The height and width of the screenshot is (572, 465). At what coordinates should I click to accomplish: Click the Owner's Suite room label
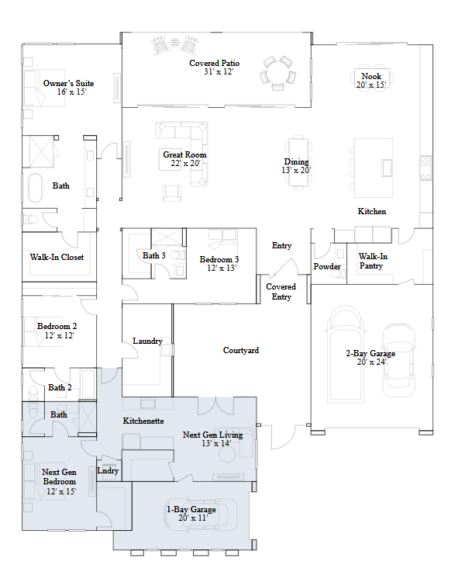[x=68, y=83]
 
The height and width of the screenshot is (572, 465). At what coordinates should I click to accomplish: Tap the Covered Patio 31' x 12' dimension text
[x=219, y=72]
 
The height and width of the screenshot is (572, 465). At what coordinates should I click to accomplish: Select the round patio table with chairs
[x=277, y=73]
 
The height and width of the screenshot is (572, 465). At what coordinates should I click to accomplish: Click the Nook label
[x=371, y=76]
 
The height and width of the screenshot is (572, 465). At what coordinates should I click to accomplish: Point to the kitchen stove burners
[x=425, y=168]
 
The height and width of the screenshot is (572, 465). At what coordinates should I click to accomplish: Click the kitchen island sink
[x=387, y=168]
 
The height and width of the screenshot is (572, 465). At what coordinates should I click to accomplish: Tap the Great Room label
[x=184, y=154]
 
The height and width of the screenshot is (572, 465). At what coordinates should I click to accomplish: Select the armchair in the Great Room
[x=172, y=193]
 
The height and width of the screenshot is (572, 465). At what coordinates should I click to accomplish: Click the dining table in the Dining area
[x=298, y=162]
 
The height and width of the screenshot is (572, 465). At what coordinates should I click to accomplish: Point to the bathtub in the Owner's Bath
[x=36, y=188]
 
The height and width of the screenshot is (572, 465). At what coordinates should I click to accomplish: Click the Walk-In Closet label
[x=57, y=257]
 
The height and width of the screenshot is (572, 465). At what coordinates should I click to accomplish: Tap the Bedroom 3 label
[x=219, y=259]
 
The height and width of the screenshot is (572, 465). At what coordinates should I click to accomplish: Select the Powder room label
[x=327, y=266]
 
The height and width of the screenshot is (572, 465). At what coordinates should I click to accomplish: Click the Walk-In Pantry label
[x=373, y=261]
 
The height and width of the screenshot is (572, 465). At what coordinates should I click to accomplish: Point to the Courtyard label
[x=241, y=350]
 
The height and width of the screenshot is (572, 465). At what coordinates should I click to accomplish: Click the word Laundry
[x=147, y=341]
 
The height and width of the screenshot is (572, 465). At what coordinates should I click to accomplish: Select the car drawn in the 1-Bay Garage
[x=201, y=514]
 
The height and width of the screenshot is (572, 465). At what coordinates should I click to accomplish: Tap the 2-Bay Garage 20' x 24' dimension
[x=371, y=362]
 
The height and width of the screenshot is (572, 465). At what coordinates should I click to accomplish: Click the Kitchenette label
[x=143, y=421]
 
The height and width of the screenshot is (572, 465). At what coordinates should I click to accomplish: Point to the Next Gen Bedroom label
[x=59, y=477]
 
